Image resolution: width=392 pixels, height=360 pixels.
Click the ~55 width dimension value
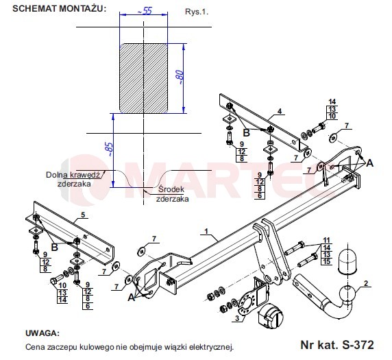click(x=145, y=11)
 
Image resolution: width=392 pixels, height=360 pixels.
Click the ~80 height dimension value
click(x=180, y=77)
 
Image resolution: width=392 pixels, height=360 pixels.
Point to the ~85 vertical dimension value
click(x=109, y=149)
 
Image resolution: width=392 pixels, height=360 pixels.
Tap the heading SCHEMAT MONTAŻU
click(x=59, y=8)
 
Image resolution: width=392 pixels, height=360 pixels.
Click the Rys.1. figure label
click(x=197, y=12)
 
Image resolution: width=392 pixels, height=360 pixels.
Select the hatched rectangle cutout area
click(x=143, y=78)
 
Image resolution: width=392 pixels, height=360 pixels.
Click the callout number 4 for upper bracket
click(x=280, y=111)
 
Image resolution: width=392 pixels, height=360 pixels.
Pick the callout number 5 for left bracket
click(x=83, y=215)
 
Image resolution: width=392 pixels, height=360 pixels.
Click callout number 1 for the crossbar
click(x=206, y=231)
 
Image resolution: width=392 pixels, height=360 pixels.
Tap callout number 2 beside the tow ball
click(x=366, y=283)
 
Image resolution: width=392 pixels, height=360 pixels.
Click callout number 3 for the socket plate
click(x=237, y=318)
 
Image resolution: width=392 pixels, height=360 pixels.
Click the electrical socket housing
click(x=271, y=316)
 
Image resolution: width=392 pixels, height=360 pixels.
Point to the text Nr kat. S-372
click(x=337, y=344)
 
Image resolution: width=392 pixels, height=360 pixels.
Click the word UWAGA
click(x=42, y=333)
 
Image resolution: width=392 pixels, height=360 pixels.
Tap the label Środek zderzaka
click(x=172, y=194)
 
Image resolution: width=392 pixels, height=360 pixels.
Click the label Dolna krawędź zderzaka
click(x=73, y=179)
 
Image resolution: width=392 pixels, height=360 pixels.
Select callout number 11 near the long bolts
click(x=326, y=240)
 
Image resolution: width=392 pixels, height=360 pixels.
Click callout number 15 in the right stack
click(x=326, y=262)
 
